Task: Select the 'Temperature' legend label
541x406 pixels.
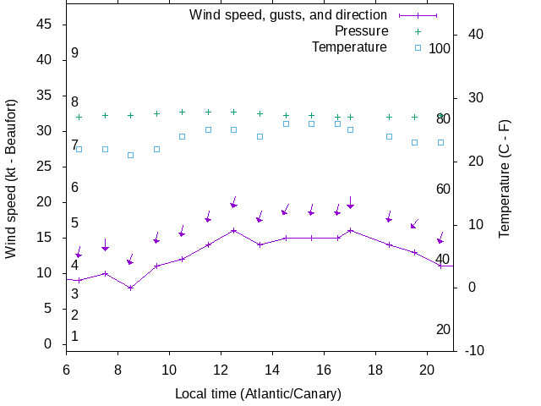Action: pyautogui.click(x=349, y=47)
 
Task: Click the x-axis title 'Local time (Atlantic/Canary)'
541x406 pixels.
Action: pyautogui.click(x=258, y=393)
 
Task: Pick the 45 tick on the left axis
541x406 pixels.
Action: pyautogui.click(x=46, y=25)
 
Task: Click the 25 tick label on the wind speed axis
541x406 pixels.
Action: pyautogui.click(x=46, y=167)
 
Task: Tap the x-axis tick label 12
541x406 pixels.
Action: pyautogui.click(x=221, y=370)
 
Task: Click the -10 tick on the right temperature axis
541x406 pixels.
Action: pyautogui.click(x=473, y=350)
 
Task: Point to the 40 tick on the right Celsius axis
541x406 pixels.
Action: pyautogui.click(x=473, y=35)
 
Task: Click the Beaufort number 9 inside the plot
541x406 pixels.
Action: pyautogui.click(x=74, y=53)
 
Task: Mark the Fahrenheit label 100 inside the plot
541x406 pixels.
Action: pyautogui.click(x=440, y=48)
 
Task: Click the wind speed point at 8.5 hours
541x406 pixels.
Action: pyautogui.click(x=130, y=288)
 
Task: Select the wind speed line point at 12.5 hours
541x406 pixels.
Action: pyautogui.click(x=233, y=230)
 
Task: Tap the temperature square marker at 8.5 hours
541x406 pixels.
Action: pyautogui.click(x=130, y=155)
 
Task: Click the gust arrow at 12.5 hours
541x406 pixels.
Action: pyautogui.click(x=233, y=205)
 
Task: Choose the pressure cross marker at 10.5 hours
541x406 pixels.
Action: pyautogui.click(x=182, y=112)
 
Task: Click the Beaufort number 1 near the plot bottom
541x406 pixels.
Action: pyautogui.click(x=74, y=337)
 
